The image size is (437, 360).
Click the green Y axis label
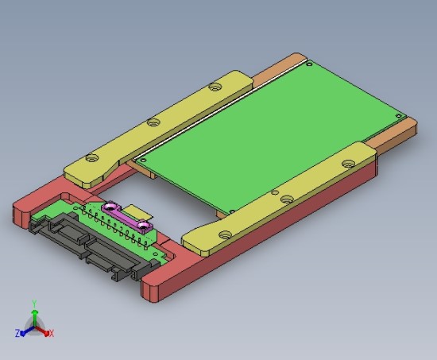coord(34,303)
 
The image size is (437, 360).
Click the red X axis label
coord(52,334)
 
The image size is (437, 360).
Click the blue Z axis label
coord(17,334)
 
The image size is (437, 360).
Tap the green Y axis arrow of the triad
coord(34,315)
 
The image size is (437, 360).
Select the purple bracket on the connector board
coord(125,217)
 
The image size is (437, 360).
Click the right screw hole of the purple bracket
coord(143,227)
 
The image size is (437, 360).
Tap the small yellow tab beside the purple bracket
coord(141,212)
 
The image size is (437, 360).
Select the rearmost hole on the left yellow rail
coord(214,87)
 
